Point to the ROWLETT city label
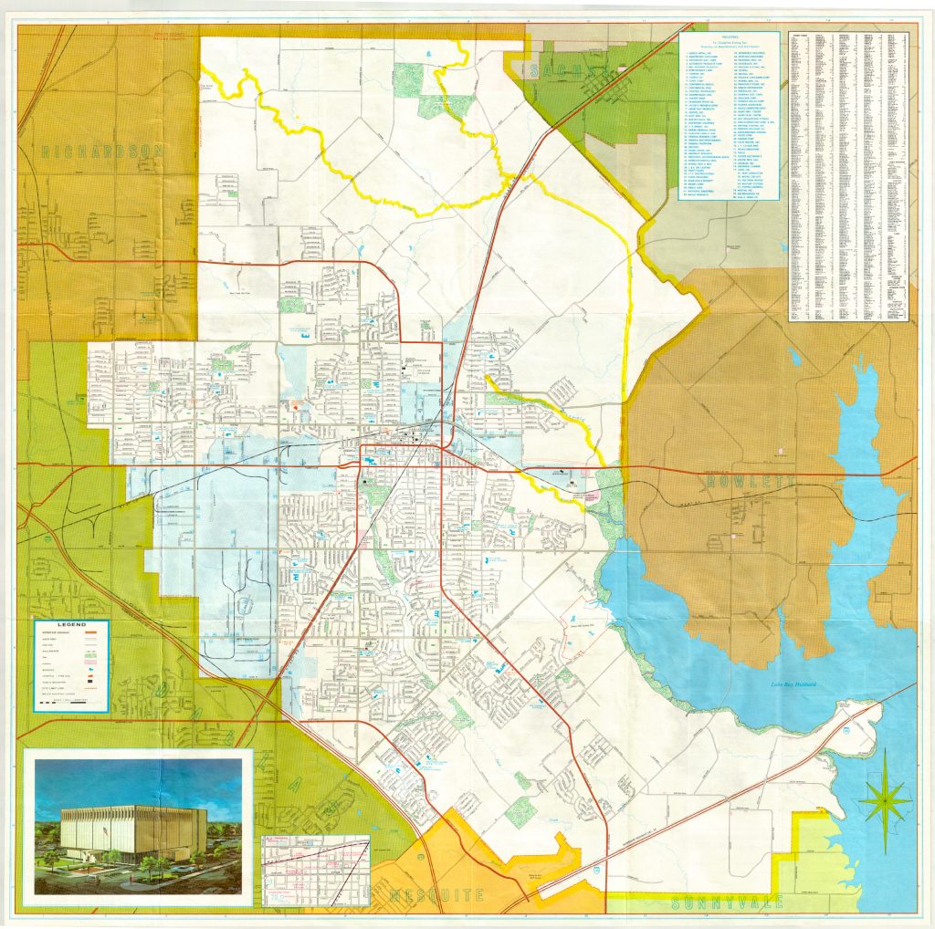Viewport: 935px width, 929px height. (748, 481)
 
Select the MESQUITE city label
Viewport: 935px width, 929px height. (436, 895)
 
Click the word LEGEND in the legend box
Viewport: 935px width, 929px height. (70, 625)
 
